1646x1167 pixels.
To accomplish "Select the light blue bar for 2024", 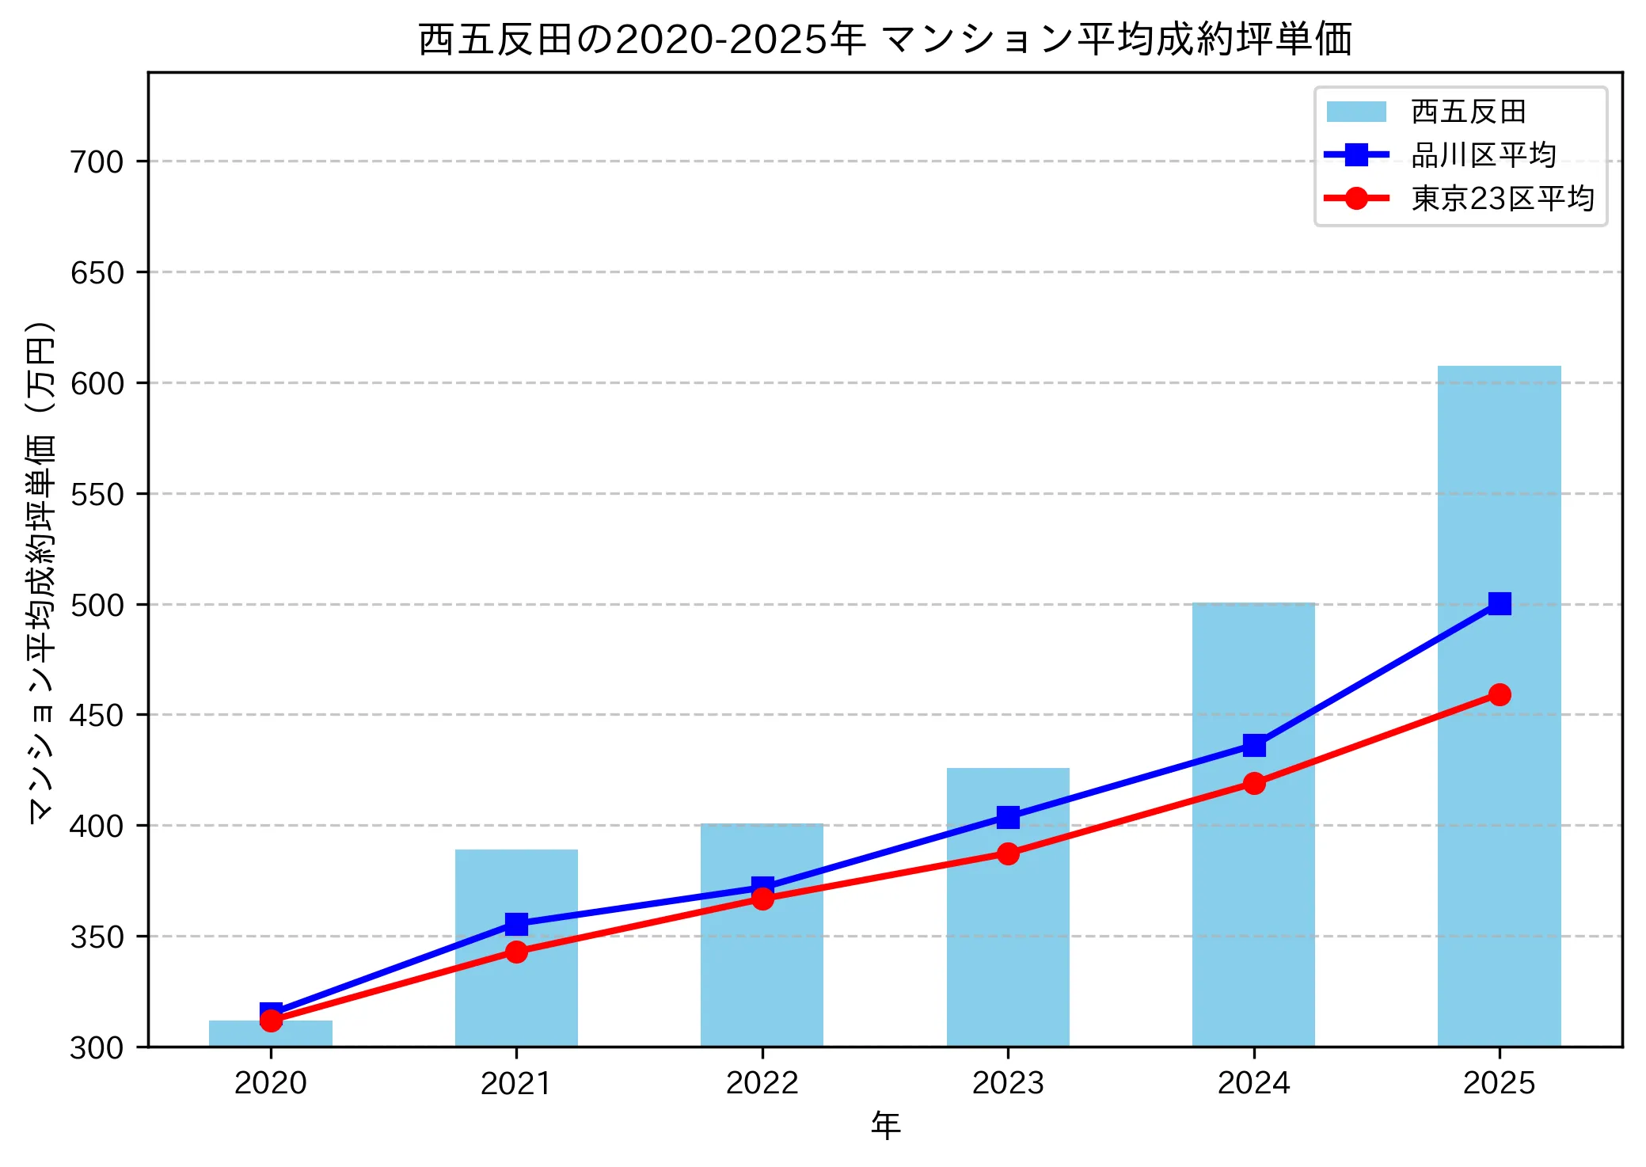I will (1253, 910).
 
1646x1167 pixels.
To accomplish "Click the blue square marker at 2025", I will (1499, 604).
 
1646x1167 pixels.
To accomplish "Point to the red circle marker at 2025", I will (1499, 695).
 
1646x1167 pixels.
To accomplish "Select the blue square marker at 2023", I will (1008, 817).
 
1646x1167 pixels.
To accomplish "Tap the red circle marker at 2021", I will (516, 952).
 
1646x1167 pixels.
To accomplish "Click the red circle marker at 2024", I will (1253, 784).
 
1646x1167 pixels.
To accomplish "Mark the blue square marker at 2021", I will (516, 924).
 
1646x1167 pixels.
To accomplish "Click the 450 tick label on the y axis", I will (97, 716).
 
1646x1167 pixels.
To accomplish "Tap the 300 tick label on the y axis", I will (97, 1048).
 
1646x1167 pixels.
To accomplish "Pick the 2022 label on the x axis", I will (762, 1083).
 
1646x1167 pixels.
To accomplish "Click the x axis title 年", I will (885, 1126).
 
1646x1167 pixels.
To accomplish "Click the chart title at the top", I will (884, 39).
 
